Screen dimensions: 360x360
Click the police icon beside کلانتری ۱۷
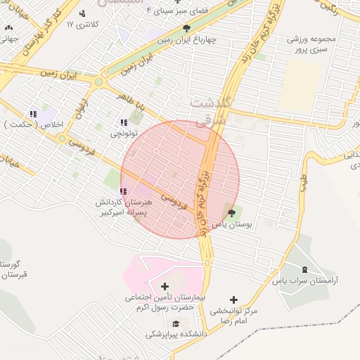83,13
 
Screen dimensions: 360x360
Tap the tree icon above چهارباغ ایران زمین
186,29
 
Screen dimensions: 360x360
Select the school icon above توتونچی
124,122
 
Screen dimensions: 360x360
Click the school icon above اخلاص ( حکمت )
32,114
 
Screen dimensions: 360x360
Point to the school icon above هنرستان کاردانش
124,191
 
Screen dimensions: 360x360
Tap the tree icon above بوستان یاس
232,212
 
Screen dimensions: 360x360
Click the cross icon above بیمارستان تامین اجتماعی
165,286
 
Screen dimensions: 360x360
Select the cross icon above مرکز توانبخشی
234,300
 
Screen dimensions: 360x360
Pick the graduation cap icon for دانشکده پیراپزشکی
175,323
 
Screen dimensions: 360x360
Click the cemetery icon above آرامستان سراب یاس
304,270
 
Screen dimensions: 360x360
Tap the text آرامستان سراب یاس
305,281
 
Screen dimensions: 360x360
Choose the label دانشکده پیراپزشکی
176,335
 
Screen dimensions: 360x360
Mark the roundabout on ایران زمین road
98,82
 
